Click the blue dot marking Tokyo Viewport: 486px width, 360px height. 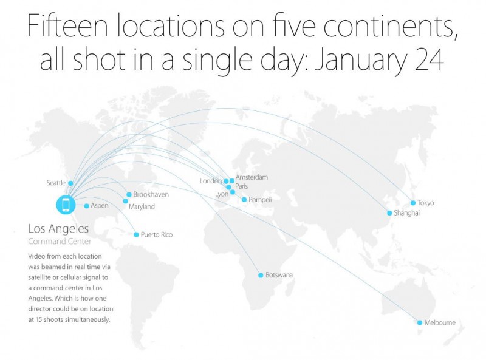pyautogui.click(x=413, y=203)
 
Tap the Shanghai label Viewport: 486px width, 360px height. pyautogui.click(x=406, y=213)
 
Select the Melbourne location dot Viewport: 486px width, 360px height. pyautogui.click(x=419, y=322)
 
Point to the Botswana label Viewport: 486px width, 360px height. pyautogui.click(x=279, y=275)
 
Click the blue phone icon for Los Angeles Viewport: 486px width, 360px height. pyautogui.click(x=65, y=205)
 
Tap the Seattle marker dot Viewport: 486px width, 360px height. pyautogui.click(x=70, y=183)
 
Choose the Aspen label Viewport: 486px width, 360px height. pyautogui.click(x=99, y=206)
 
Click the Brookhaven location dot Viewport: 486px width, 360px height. pyautogui.click(x=129, y=195)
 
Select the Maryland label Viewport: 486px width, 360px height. pyautogui.click(x=142, y=207)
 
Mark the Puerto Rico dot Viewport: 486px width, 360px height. pyautogui.click(x=136, y=234)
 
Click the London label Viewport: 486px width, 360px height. pyautogui.click(x=210, y=181)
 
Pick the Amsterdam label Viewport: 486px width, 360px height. pyautogui.click(x=252, y=177)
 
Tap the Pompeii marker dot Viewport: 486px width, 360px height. pyautogui.click(x=244, y=200)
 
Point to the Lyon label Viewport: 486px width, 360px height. pyautogui.click(x=222, y=194)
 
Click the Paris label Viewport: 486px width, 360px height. pyautogui.click(x=242, y=186)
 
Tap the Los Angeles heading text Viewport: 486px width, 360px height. pyautogui.click(x=58, y=229)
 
